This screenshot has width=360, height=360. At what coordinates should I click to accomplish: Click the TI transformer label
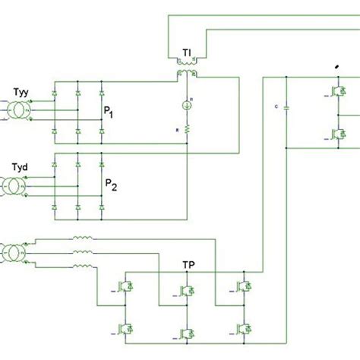[186, 53]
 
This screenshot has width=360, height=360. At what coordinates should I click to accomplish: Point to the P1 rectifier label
[111, 112]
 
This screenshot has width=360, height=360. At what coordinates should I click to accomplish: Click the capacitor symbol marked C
[286, 109]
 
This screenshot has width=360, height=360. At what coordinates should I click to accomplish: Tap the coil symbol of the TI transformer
[186, 74]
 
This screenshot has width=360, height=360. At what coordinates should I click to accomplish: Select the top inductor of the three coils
[83, 242]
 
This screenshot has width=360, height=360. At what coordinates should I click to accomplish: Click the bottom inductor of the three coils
[83, 267]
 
